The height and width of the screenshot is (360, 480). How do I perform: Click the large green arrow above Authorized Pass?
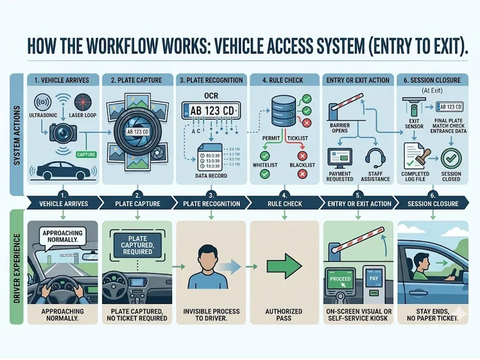click(283, 265)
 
